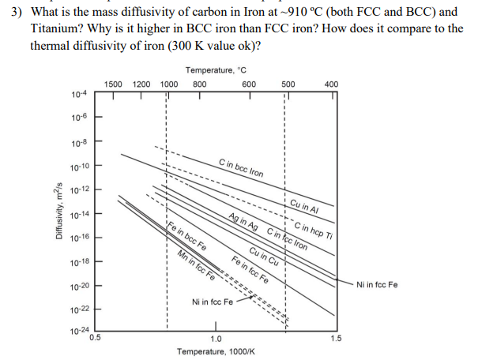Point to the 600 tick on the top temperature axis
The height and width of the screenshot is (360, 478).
pyautogui.click(x=248, y=84)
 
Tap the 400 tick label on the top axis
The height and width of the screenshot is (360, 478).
pyautogui.click(x=332, y=84)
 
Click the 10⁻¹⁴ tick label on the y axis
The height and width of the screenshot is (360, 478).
pyautogui.click(x=78, y=214)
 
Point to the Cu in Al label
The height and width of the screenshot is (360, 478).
pyautogui.click(x=303, y=206)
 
